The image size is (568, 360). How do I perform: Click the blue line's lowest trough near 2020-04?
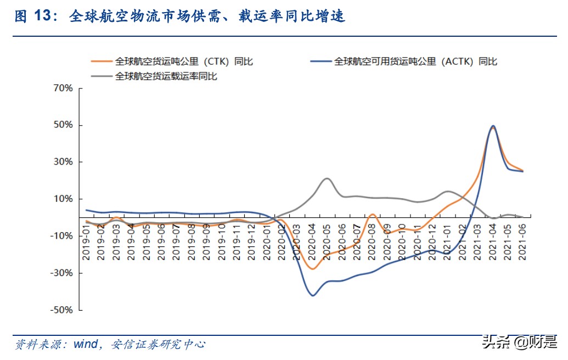(x=313, y=296)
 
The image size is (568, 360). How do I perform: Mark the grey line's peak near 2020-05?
(x=327, y=178)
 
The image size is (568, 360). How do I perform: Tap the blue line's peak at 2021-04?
(x=493, y=126)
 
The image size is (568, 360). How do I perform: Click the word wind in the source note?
(x=86, y=345)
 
